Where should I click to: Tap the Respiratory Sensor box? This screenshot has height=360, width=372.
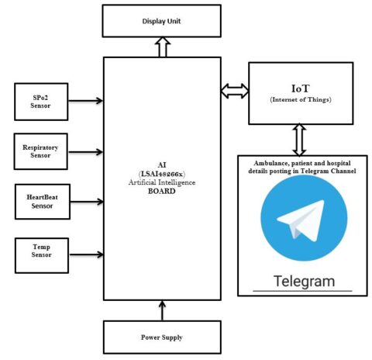tap(41, 151)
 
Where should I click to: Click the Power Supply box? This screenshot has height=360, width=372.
tap(163, 337)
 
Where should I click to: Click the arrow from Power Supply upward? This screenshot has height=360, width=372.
tap(163, 312)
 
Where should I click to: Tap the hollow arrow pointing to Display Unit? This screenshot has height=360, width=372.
tap(163, 48)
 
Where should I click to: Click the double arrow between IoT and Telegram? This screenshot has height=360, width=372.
tap(298, 140)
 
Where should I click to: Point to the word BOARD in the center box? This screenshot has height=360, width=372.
tap(163, 190)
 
